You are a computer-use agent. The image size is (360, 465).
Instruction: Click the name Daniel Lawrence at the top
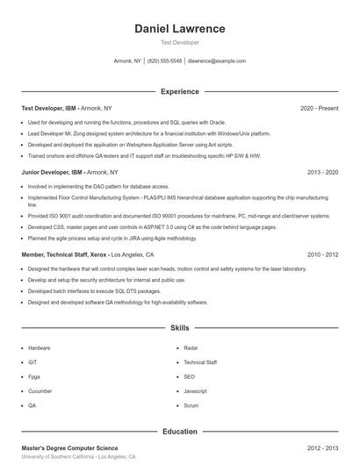(x=180, y=28)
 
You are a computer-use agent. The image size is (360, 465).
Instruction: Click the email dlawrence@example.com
(x=217, y=61)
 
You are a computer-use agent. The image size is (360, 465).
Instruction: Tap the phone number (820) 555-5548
(x=164, y=61)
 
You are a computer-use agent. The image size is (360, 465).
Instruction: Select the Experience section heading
(x=180, y=91)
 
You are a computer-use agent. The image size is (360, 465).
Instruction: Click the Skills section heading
(x=180, y=328)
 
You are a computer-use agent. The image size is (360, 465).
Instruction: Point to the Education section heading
(x=180, y=432)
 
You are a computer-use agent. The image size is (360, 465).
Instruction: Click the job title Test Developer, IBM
(x=50, y=108)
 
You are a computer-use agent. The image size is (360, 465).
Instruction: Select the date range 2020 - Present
(x=319, y=108)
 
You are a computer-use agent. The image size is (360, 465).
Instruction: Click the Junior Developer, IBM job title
(x=52, y=172)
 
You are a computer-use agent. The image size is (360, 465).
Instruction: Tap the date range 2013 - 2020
(x=322, y=172)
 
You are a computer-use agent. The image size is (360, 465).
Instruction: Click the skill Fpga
(x=35, y=376)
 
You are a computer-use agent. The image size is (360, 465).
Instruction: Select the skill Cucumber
(x=40, y=391)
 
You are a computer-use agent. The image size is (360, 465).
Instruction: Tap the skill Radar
(x=191, y=347)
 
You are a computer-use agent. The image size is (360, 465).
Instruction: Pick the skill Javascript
(x=196, y=391)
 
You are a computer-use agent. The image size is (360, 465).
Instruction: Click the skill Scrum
(x=191, y=406)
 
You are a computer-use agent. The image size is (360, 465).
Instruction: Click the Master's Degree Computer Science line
(x=69, y=447)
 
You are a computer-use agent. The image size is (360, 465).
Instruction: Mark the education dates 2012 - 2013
(x=322, y=447)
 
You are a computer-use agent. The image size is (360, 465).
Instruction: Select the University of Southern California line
(x=78, y=457)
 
